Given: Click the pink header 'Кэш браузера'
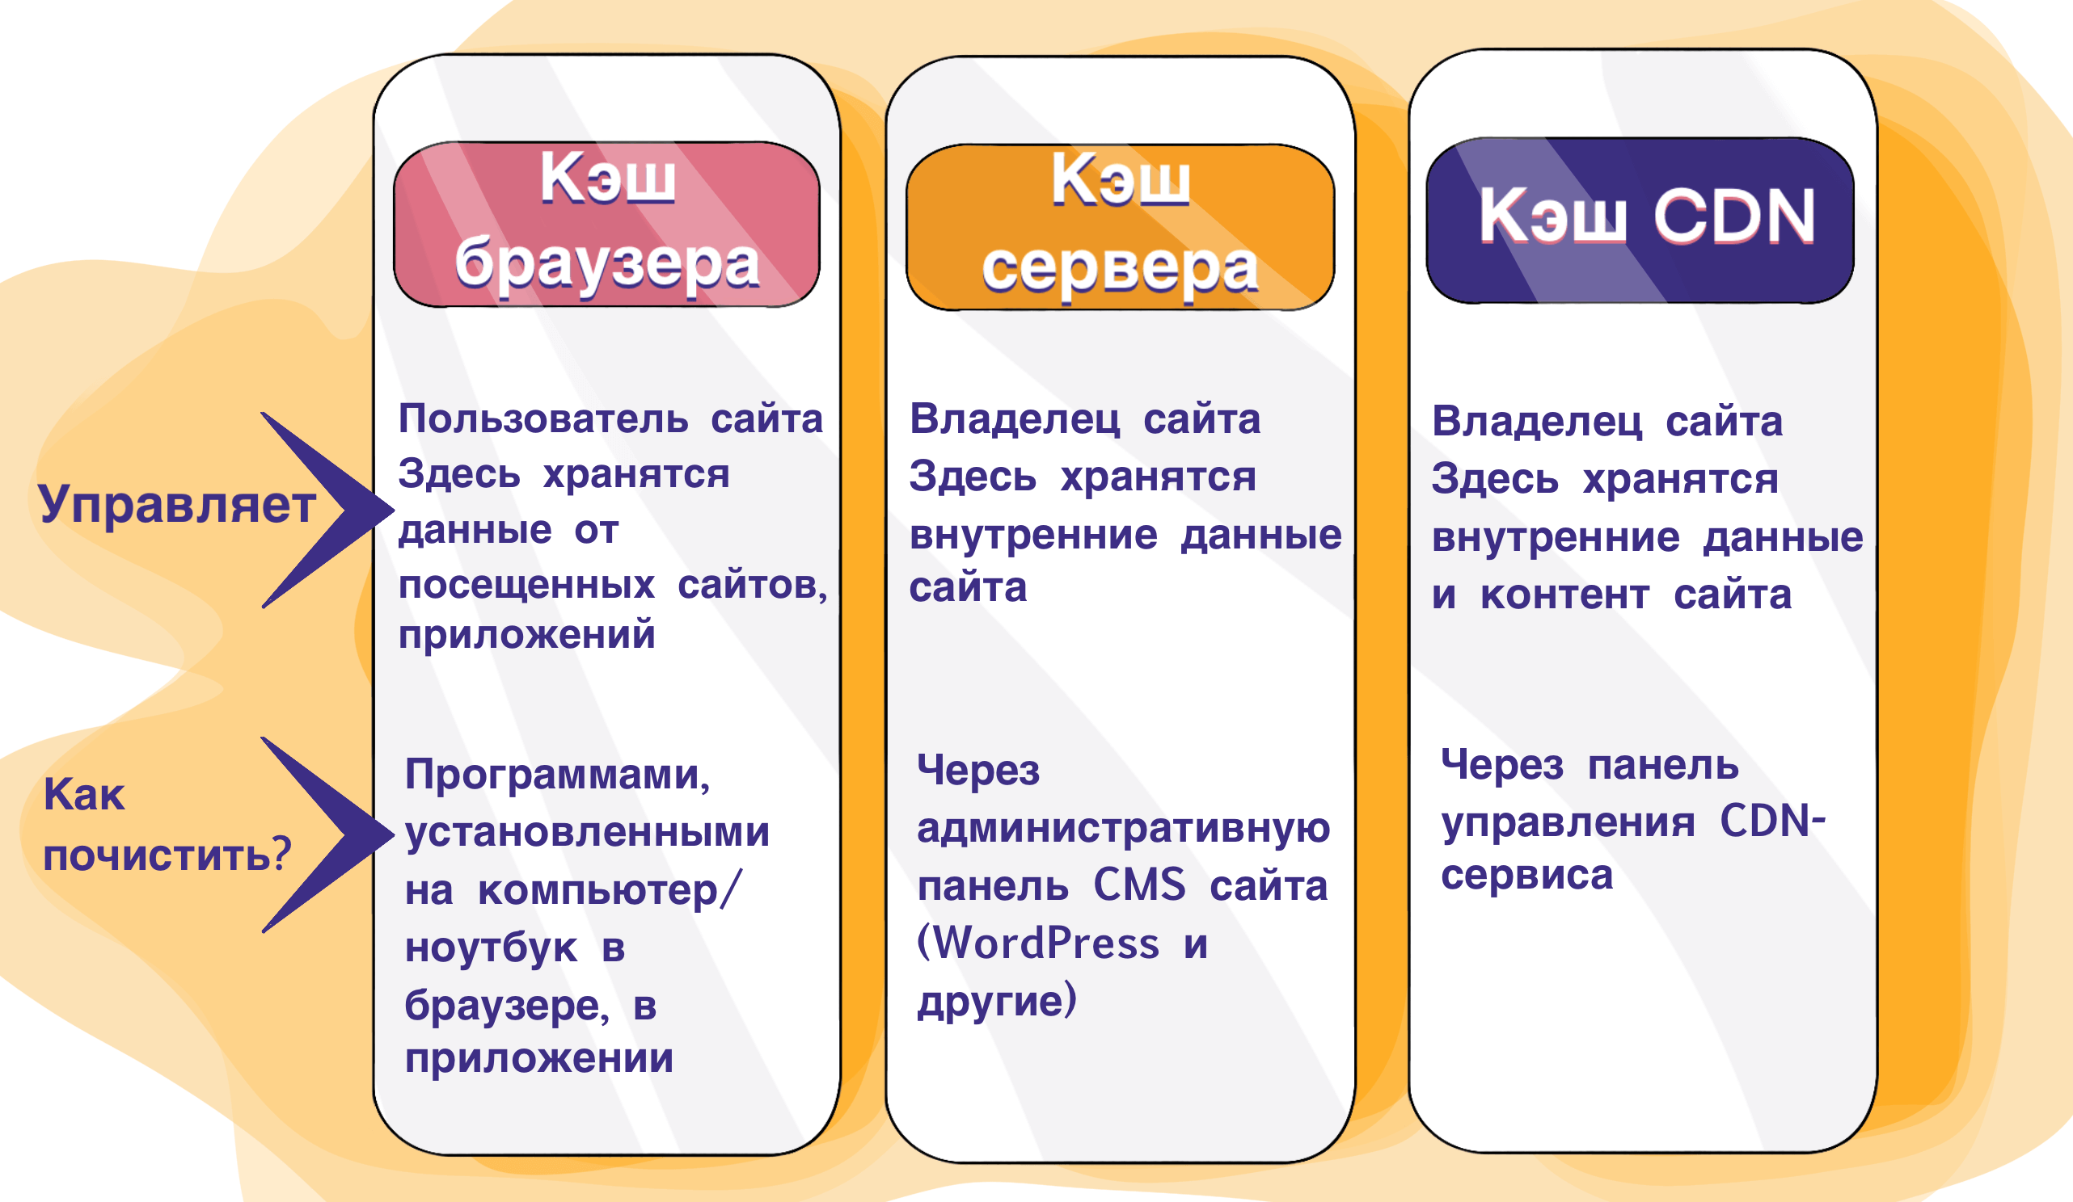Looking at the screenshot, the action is pos(607,225).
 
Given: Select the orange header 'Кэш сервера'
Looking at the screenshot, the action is pos(1120,227).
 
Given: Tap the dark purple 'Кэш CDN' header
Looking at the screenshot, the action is pos(1640,220).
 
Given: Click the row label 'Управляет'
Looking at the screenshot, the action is pos(177,505).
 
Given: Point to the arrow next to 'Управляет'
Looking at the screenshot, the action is pos(329,511).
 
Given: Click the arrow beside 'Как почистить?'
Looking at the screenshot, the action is pos(329,835).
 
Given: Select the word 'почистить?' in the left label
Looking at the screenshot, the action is pos(167,855).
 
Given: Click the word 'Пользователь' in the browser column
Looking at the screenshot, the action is pos(543,419).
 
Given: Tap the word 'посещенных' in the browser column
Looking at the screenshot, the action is pos(526,586).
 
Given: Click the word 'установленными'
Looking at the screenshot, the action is pos(587,832).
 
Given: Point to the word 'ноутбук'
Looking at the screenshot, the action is pos(491,948).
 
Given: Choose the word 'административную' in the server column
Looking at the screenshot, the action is pos(1124,827).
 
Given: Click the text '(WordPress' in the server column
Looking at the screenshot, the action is pos(1038,943).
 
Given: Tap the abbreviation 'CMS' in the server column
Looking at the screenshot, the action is pos(1139,885).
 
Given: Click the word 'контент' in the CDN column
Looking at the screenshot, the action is pos(1564,595).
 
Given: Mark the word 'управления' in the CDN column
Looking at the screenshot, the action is pos(1568,822).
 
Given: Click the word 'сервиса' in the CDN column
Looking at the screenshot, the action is pos(1526,875).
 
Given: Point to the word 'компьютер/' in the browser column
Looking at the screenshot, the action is pos(610,891).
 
